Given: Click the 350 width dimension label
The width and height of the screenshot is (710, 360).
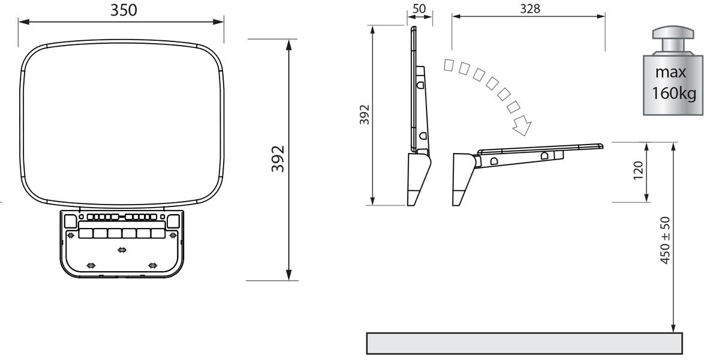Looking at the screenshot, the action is tap(124, 10).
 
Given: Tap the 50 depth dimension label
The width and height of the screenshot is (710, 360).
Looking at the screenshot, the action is tap(419, 8).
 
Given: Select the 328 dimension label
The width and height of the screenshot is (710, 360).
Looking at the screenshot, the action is tap(530, 8).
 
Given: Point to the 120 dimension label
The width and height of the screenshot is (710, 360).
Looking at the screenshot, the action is tap(638, 170).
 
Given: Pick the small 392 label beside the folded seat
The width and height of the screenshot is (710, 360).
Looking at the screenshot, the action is tap(365, 114).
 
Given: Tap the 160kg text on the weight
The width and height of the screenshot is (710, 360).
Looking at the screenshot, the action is tap(674, 93).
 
